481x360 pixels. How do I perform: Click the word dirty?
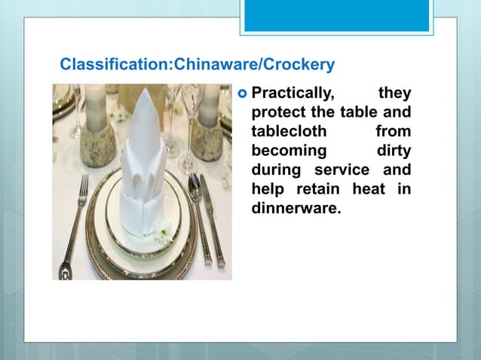(x=394, y=150)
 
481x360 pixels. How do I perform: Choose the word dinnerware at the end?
(x=296, y=206)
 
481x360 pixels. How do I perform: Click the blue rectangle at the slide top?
(x=336, y=15)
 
